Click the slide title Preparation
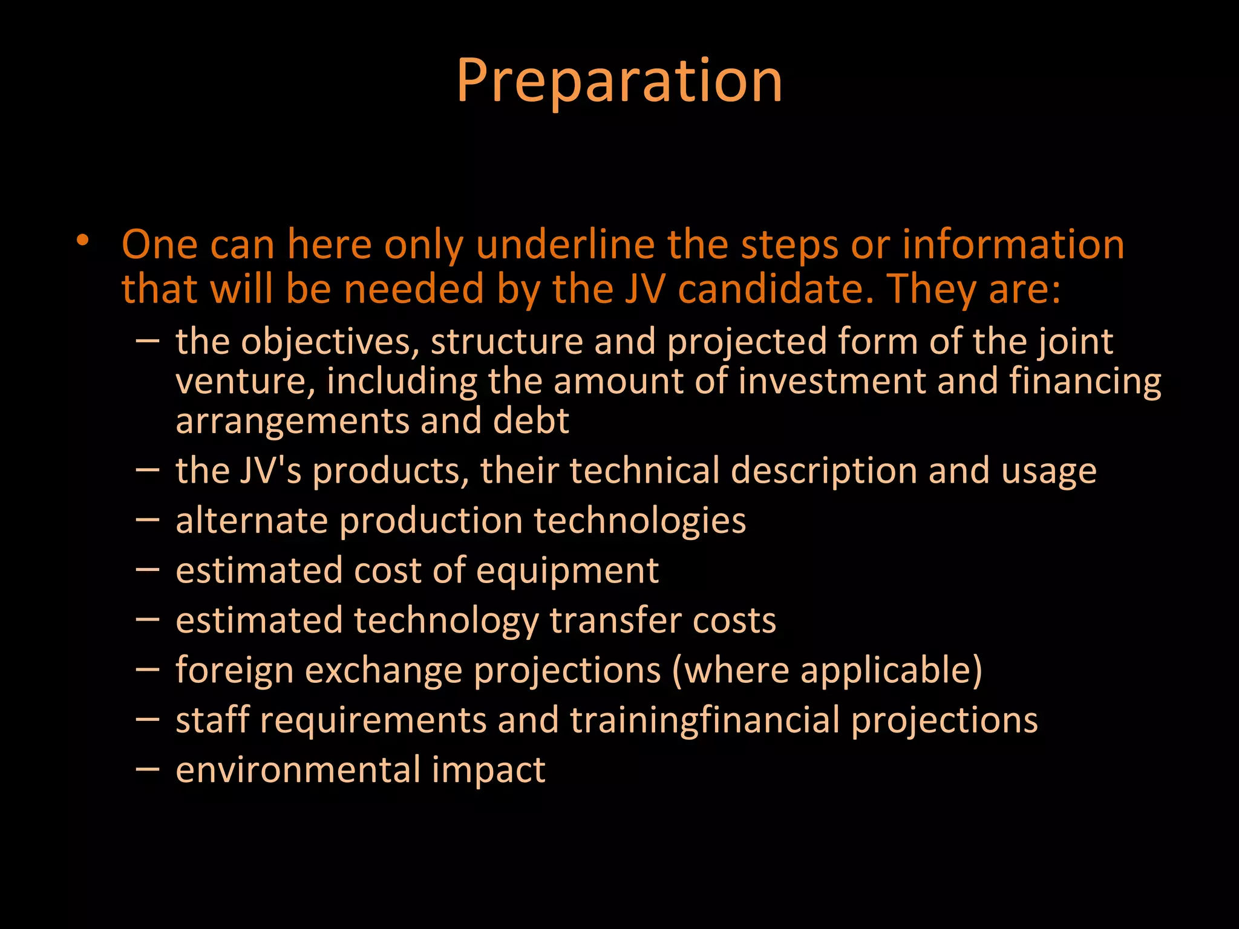tap(619, 81)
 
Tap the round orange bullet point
tap(83, 241)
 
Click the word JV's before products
tap(270, 471)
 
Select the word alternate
tap(251, 521)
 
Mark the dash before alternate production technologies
tap(148, 519)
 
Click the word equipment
tap(567, 572)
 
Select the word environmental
tap(298, 770)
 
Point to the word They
tap(932, 288)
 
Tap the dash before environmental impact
tap(148, 768)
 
